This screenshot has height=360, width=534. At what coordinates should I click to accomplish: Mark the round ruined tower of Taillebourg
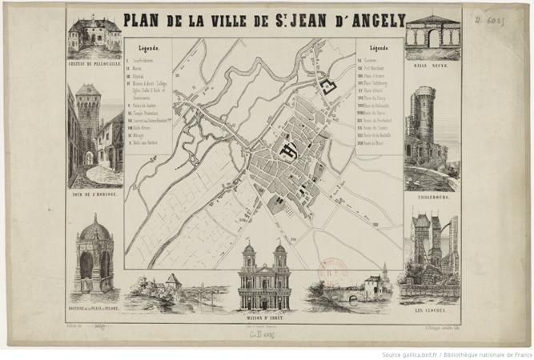(x=422, y=124)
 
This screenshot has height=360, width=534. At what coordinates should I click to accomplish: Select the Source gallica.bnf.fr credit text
(x=456, y=354)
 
